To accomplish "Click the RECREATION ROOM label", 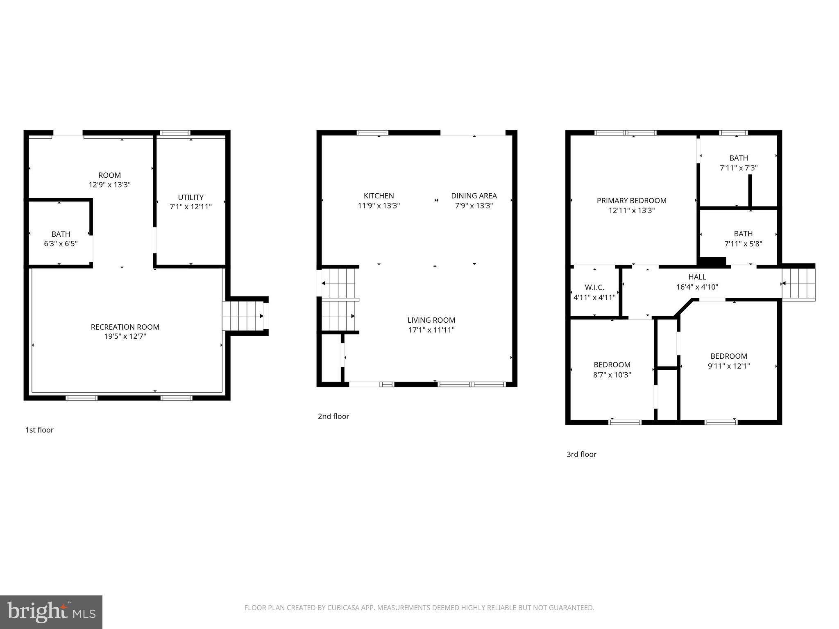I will [x=125, y=327].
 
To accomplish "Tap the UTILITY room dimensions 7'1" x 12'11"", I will [x=190, y=207].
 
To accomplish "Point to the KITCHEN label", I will [x=379, y=196].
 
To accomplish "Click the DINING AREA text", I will [x=474, y=196].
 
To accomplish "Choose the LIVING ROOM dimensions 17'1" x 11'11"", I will [x=431, y=330].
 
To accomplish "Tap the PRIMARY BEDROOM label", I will [x=631, y=201].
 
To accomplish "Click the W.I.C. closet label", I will [x=594, y=287].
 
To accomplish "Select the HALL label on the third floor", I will [x=697, y=277].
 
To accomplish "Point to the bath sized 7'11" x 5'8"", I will [x=743, y=239].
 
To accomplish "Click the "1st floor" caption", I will [x=39, y=430].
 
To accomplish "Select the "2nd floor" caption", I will [x=333, y=416].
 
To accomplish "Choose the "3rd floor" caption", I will [x=581, y=454].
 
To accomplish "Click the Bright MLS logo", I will [x=51, y=612].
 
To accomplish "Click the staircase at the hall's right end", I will [x=798, y=283].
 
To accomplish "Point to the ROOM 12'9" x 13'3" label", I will [x=109, y=180].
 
